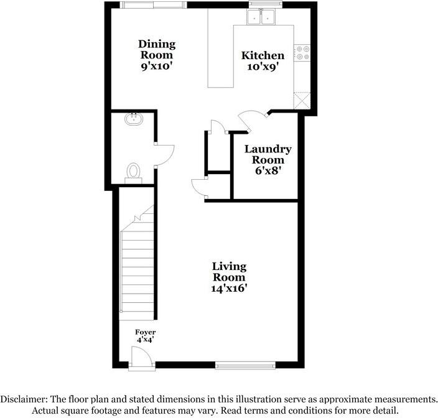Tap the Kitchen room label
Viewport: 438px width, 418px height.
coord(263,55)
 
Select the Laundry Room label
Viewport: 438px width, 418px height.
coord(268,154)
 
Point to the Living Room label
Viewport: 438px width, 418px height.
coord(230,272)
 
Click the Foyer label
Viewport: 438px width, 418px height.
coord(146,332)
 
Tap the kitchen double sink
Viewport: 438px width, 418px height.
coord(262,18)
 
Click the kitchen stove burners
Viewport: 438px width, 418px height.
coord(303,53)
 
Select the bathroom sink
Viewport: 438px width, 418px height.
coord(134,119)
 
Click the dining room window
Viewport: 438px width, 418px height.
coord(152,5)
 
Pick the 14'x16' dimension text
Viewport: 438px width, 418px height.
coord(230,289)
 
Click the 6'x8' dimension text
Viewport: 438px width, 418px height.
coord(268,171)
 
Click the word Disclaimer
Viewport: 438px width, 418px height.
coord(28,399)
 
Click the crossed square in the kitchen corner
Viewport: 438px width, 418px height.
coord(302,100)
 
